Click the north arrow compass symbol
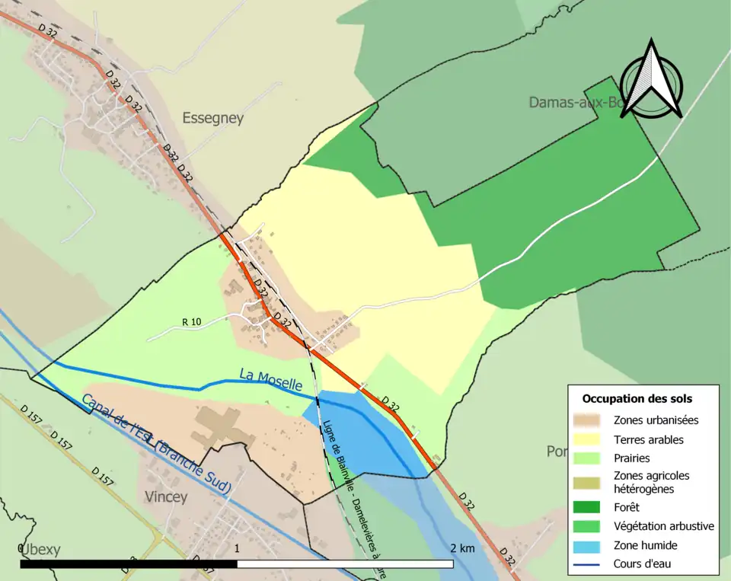pyautogui.click(x=651, y=80)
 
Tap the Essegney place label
pyautogui.click(x=212, y=118)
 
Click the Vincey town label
pyautogui.click(x=165, y=496)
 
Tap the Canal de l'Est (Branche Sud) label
pyautogui.click(x=155, y=445)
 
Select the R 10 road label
pyautogui.click(x=192, y=322)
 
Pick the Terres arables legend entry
pyautogui.click(x=648, y=439)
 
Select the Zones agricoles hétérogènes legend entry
pyautogui.click(x=651, y=481)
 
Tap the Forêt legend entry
pyautogui.click(x=627, y=506)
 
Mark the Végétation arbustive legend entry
pyautogui.click(x=663, y=526)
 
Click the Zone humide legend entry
pyautogui.click(x=645, y=545)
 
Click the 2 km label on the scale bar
pyautogui.click(x=462, y=548)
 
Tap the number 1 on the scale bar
pyautogui.click(x=238, y=548)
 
